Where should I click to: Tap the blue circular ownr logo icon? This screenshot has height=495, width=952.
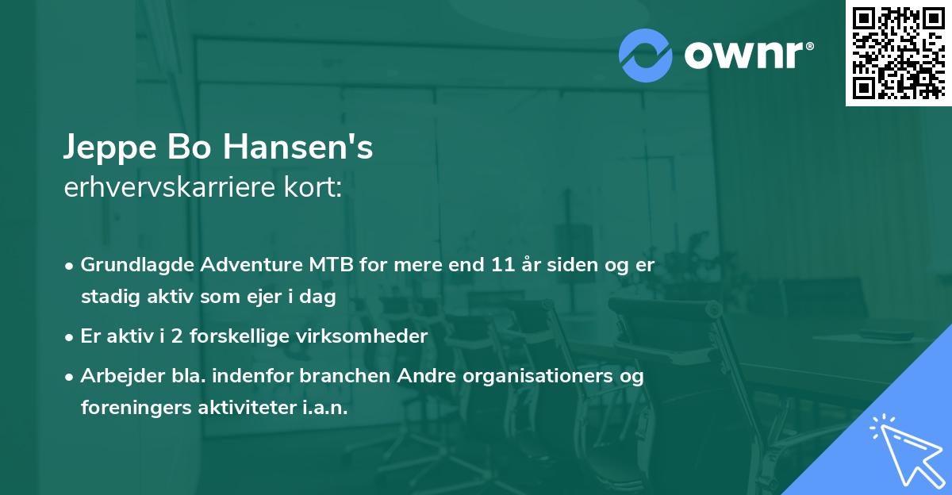tap(646, 54)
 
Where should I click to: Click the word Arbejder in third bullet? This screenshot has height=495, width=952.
tap(116, 376)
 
